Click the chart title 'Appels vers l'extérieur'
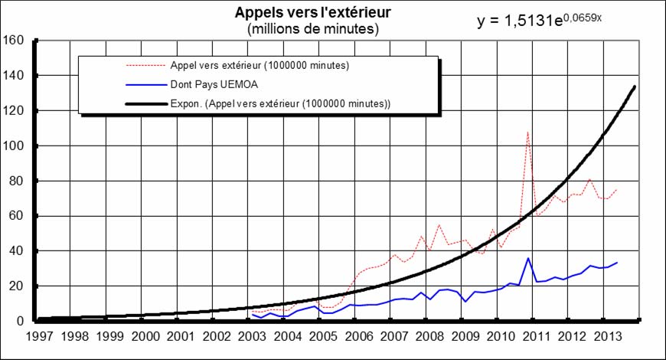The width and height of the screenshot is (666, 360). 313,15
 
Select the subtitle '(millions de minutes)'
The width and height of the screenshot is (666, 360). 313,29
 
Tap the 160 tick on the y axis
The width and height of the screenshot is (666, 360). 16,40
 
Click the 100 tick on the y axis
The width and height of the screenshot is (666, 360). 16,146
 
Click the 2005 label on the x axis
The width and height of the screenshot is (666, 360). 323,336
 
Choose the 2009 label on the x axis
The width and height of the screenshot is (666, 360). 465,336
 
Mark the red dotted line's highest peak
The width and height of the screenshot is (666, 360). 527,132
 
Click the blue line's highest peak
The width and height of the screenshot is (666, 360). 528,257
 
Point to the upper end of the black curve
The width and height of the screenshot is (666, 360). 635,87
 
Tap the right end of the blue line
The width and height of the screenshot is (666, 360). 617,263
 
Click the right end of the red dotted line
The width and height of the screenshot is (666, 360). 617,189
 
